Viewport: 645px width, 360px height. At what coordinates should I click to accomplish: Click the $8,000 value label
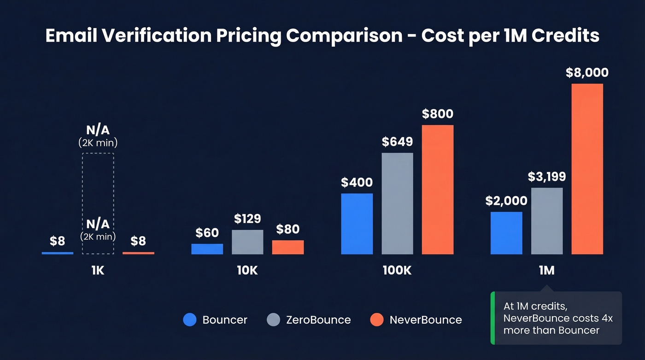(x=587, y=73)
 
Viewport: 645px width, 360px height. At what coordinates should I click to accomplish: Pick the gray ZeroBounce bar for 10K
(x=247, y=242)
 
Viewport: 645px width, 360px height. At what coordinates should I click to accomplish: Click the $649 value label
(x=397, y=142)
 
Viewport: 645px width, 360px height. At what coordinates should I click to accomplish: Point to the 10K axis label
(x=247, y=271)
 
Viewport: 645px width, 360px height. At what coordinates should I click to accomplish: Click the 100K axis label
(x=397, y=271)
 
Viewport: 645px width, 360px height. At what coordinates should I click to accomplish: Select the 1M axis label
(x=546, y=271)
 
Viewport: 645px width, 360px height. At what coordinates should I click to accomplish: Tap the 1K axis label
(x=98, y=271)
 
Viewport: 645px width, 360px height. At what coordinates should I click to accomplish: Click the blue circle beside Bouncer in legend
(x=190, y=320)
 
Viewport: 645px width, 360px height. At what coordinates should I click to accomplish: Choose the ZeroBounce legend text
(x=318, y=320)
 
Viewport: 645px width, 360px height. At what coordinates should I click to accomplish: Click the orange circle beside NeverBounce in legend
(x=377, y=320)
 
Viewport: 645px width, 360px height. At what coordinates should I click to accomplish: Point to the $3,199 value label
(x=547, y=177)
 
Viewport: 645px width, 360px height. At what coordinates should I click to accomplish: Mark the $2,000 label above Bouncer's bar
(x=506, y=201)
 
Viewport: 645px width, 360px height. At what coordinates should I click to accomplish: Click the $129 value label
(x=247, y=218)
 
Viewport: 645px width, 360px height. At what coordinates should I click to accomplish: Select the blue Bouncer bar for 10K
(x=207, y=249)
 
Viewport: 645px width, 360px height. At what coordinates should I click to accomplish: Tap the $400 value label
(x=357, y=183)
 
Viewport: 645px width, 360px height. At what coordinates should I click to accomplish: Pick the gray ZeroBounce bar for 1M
(x=547, y=221)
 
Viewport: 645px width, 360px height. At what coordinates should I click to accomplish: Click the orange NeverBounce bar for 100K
(x=438, y=189)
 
